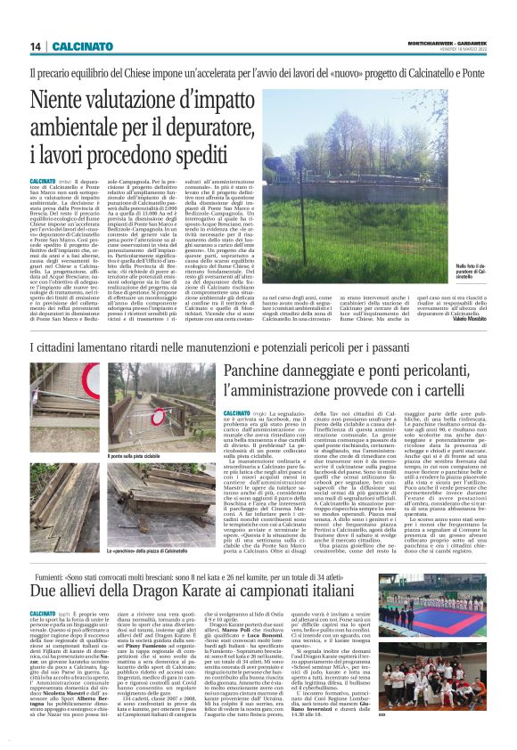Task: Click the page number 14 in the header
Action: pyautogui.click(x=35, y=45)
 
